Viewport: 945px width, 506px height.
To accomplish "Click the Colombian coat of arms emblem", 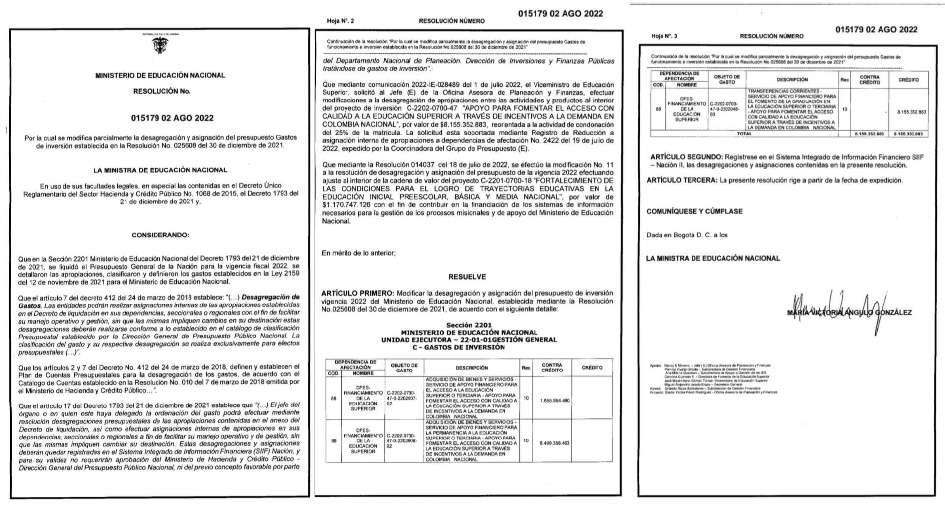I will coord(160,46).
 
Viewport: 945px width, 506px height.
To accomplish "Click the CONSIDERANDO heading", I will coord(160,236).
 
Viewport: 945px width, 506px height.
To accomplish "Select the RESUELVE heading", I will coord(467,277).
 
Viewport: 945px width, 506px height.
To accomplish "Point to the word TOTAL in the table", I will coord(744,134).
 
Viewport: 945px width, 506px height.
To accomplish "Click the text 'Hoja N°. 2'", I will coord(340,21).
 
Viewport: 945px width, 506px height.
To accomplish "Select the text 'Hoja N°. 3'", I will coord(664,36).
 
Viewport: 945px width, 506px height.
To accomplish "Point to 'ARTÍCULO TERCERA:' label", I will coord(682,180).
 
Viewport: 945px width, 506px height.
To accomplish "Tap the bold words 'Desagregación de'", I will coord(271,297).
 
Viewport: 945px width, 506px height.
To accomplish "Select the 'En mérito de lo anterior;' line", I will coord(358,253).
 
